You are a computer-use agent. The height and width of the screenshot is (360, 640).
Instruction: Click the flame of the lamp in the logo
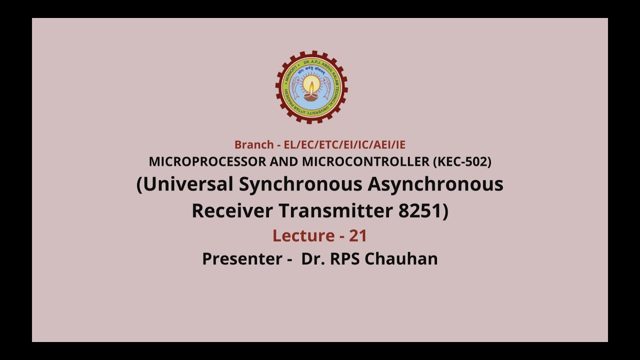click(x=311, y=85)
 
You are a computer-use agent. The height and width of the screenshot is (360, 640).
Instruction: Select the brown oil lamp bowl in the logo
click(x=311, y=96)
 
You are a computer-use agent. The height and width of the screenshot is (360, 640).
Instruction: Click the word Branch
click(x=254, y=145)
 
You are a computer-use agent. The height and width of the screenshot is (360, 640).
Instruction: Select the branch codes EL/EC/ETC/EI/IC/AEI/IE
click(x=344, y=145)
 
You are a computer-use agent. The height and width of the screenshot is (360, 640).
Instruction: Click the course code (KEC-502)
click(x=462, y=162)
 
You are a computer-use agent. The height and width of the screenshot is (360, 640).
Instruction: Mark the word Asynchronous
click(x=435, y=184)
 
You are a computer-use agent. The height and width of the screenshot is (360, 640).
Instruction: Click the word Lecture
click(x=303, y=235)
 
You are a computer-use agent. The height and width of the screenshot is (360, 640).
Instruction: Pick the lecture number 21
click(x=358, y=235)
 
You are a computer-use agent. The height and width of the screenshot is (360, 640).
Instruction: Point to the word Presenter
click(x=242, y=259)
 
